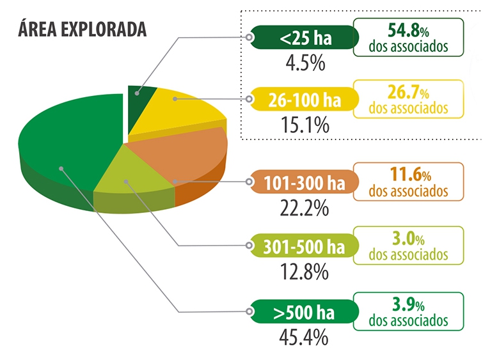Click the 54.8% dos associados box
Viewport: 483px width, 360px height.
click(x=408, y=37)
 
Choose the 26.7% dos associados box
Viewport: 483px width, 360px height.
click(x=408, y=98)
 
